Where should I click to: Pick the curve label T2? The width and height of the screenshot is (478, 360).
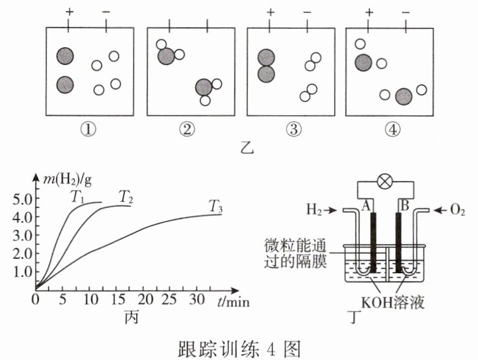[x=125, y=196]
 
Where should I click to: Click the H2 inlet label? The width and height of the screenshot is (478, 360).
[x=314, y=210]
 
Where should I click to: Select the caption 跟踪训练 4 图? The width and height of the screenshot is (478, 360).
[x=239, y=348]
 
